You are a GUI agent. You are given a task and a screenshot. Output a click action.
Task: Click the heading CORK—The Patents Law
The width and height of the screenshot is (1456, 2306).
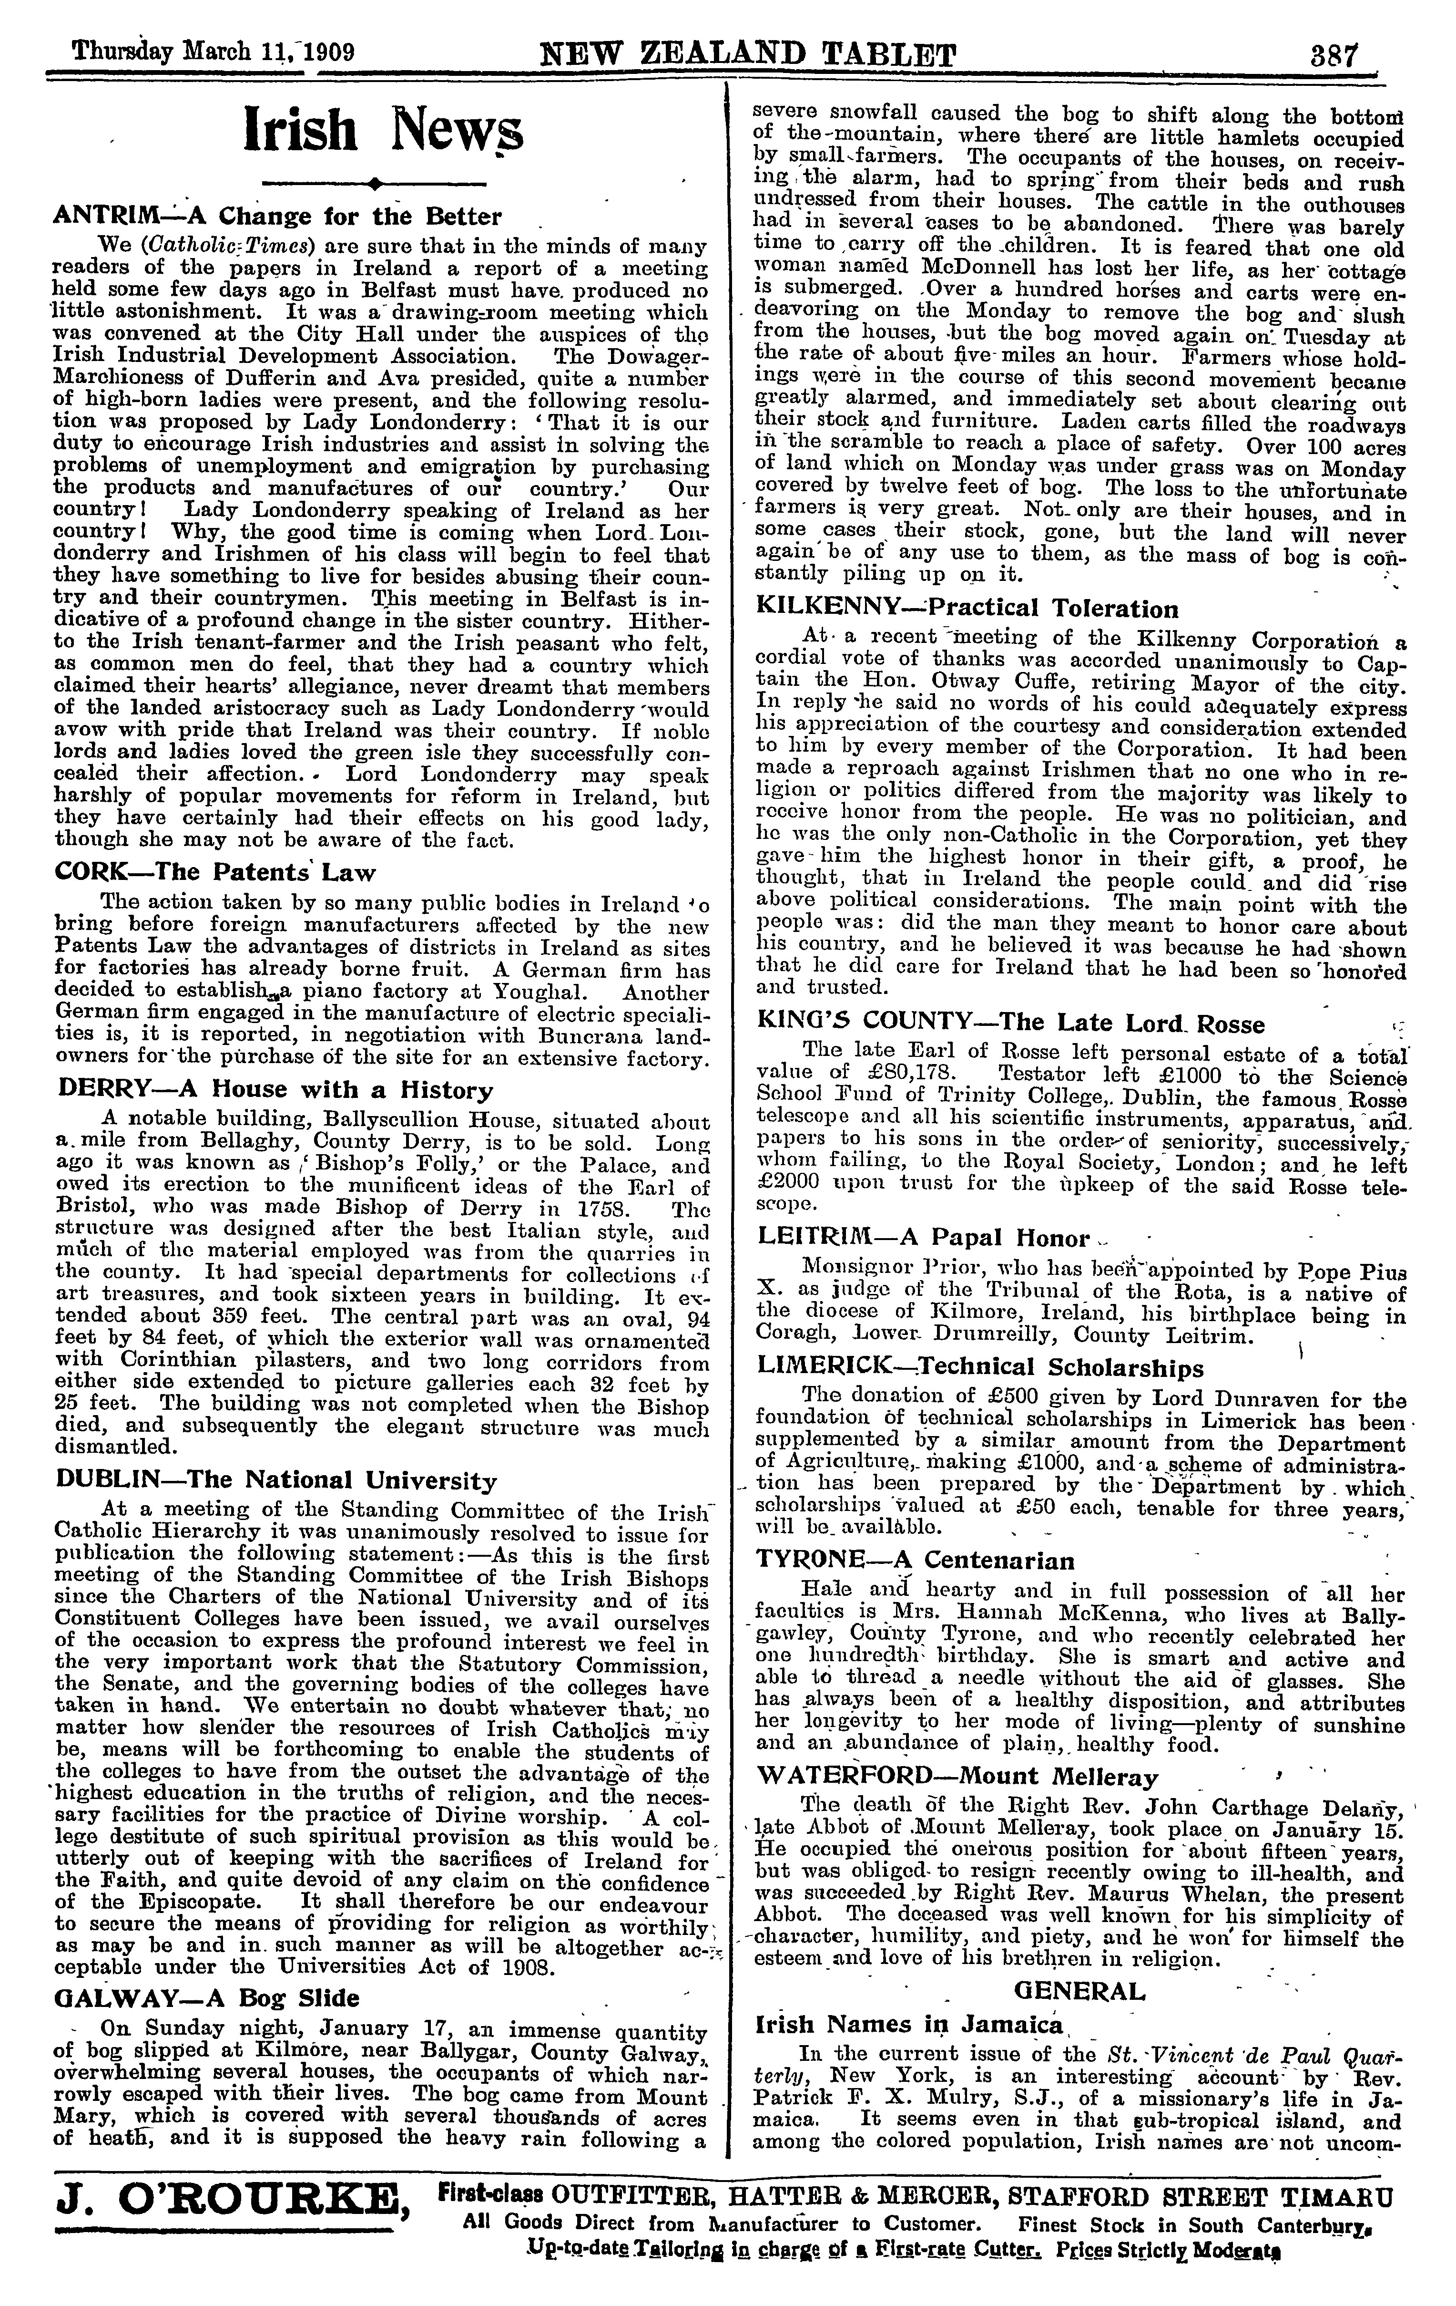(x=216, y=872)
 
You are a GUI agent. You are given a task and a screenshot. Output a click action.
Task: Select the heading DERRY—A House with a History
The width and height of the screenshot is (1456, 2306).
(x=275, y=1090)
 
